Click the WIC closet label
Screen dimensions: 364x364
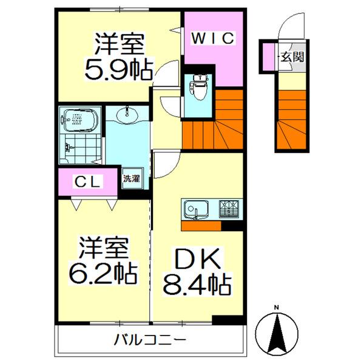click(x=213, y=39)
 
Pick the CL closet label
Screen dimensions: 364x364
click(x=89, y=180)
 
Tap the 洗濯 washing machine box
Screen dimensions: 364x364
click(x=131, y=179)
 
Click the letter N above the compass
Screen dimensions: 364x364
click(x=277, y=307)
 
